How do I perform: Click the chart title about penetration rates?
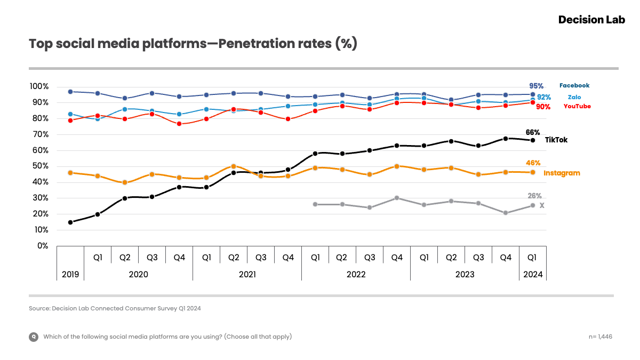point(193,44)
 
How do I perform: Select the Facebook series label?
point(574,85)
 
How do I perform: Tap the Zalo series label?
point(574,97)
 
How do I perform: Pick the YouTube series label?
point(577,107)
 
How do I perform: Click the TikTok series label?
point(556,140)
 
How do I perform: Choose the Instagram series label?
point(562,173)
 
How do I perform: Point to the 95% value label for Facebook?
point(536,86)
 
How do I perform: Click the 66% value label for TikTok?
point(533,132)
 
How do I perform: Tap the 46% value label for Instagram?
point(533,163)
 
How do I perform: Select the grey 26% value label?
point(534,196)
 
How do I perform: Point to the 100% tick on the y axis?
point(39,86)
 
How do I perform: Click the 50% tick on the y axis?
point(41,166)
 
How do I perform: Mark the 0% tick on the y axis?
point(43,246)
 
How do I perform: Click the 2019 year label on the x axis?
point(70,275)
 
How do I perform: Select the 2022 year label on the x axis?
point(356,275)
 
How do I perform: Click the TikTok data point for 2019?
point(70,222)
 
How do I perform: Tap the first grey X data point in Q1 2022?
point(315,204)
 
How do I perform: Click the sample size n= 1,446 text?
point(600,337)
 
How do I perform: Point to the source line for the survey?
point(115,308)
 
